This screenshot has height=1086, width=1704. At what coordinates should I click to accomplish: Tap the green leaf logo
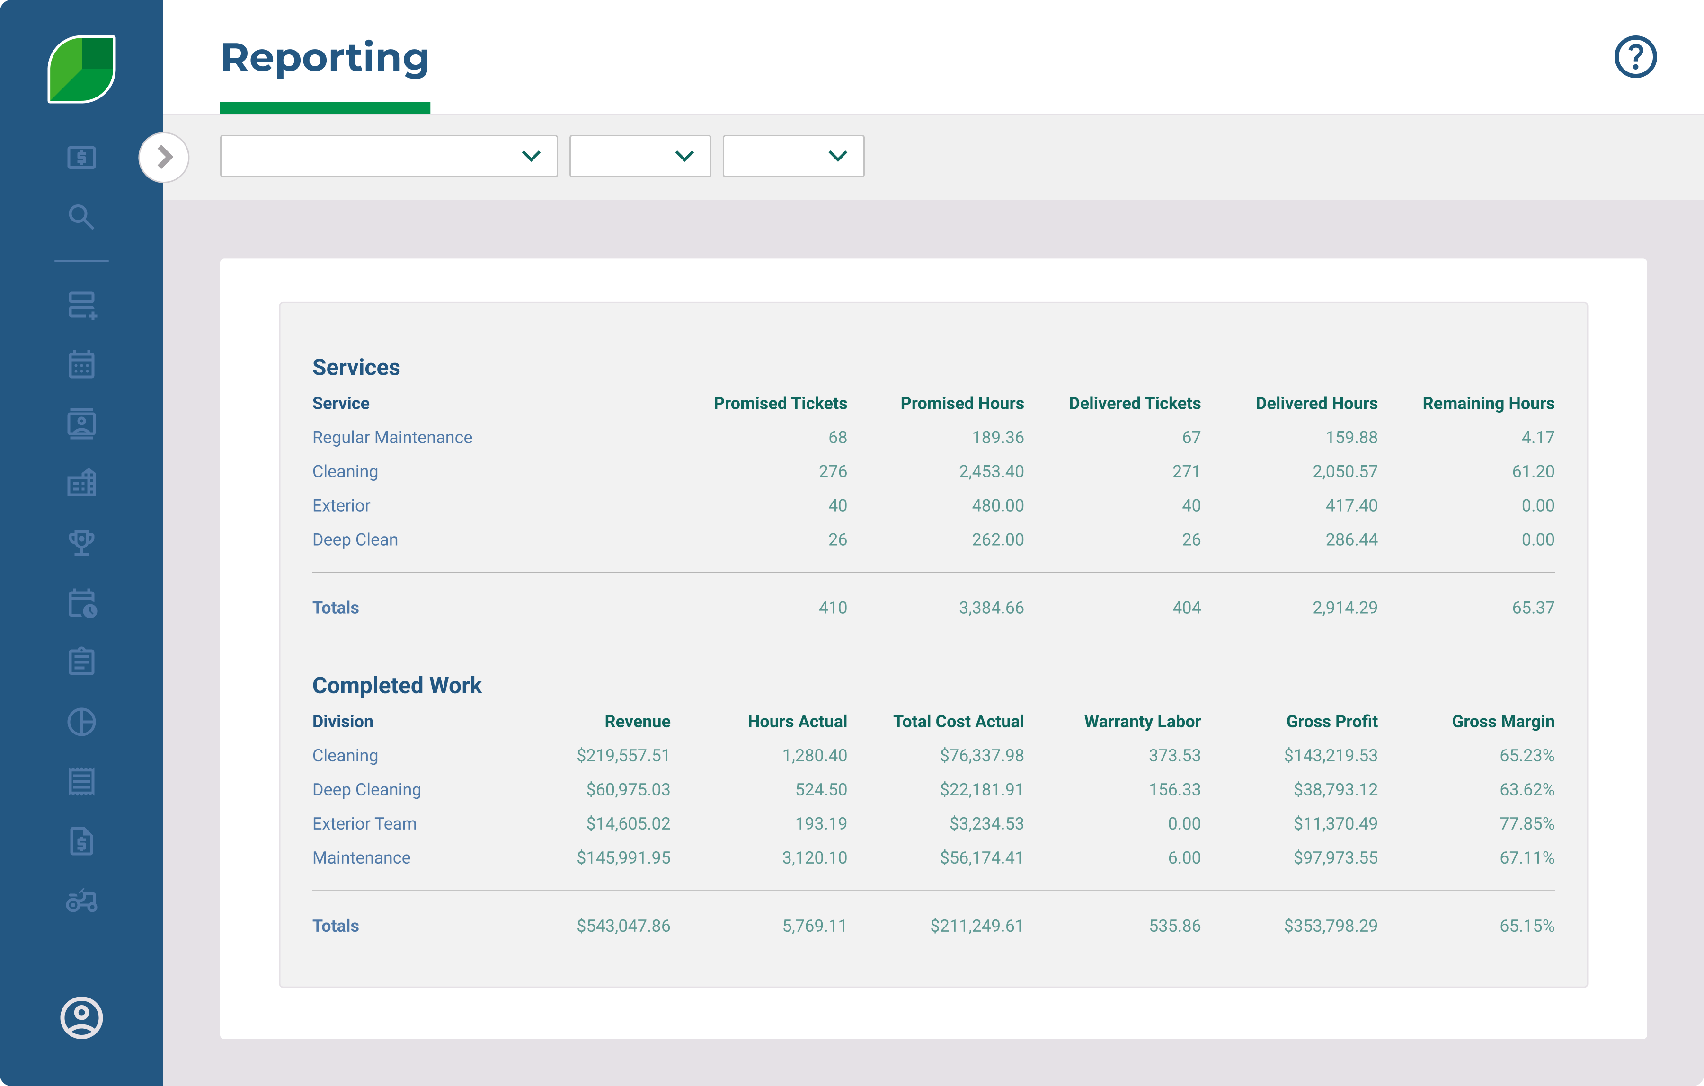(x=81, y=69)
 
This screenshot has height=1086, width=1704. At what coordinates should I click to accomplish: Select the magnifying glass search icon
(x=81, y=217)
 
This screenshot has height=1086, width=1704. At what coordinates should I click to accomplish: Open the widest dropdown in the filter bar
(x=389, y=156)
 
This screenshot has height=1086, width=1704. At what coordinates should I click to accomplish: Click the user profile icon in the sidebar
(x=81, y=1017)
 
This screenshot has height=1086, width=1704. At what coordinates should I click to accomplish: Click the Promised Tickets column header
(x=780, y=403)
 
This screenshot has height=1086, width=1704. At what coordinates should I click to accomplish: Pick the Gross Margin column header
(x=1502, y=722)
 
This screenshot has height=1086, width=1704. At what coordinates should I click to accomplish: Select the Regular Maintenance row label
(x=392, y=437)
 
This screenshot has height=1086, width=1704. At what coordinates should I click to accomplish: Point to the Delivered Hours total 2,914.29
(x=1345, y=608)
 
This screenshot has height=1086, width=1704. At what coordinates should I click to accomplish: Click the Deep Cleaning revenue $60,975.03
(x=628, y=790)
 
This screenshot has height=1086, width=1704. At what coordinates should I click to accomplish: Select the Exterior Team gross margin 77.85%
(x=1526, y=823)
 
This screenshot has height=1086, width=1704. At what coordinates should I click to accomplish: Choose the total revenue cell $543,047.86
(x=623, y=926)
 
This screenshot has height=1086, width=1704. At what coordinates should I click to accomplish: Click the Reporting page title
(x=325, y=58)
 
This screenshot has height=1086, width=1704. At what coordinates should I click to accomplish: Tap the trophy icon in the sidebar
(x=81, y=543)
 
